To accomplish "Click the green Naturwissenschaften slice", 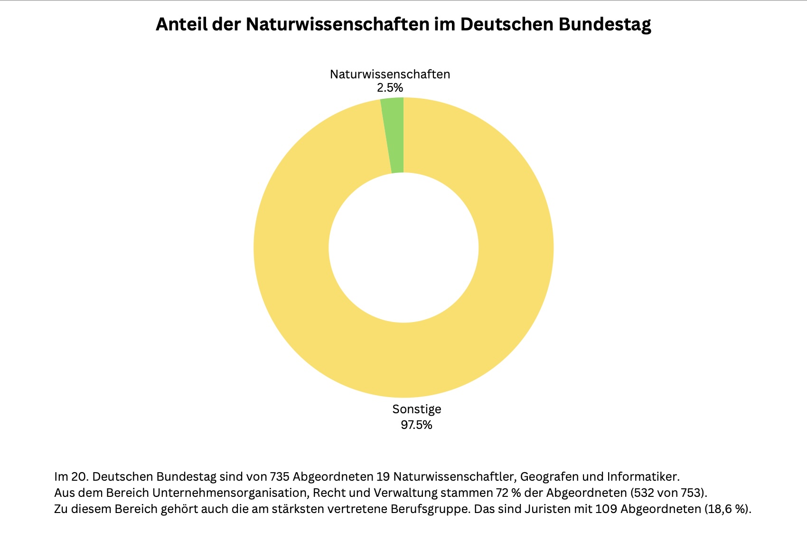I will tap(395, 135).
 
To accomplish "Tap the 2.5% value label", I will tap(390, 88).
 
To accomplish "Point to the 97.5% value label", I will tap(416, 425).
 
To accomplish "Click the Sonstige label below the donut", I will tap(416, 409).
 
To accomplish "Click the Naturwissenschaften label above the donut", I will tap(390, 75).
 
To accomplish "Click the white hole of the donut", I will tap(403, 247).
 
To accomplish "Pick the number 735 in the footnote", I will tap(280, 476).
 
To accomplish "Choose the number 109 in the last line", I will tap(606, 509).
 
